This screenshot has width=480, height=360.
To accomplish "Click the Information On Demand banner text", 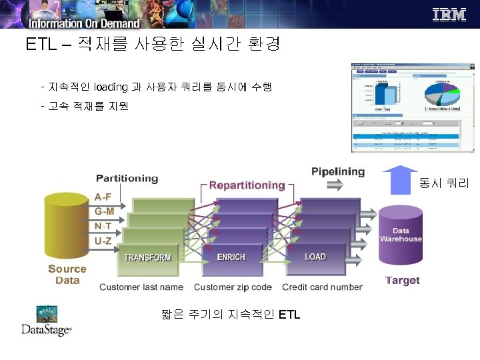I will tap(84, 24).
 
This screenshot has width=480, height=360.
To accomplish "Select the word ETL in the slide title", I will tap(40, 45).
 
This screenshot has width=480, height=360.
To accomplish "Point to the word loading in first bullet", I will tap(111, 87).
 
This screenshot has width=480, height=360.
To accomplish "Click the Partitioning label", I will tap(127, 178).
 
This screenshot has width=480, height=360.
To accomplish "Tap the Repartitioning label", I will tap(247, 185).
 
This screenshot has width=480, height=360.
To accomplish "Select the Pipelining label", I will tap(338, 171).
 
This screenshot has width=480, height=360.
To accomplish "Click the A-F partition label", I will tap(103, 197).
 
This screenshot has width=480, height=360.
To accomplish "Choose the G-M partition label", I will tap(103, 211).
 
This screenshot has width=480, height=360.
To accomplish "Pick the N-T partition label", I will tap(103, 226).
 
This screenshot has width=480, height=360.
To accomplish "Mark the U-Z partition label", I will tap(103, 241).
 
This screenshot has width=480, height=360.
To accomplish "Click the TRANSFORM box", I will tap(147, 258).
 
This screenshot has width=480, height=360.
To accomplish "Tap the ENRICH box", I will tap(231, 257).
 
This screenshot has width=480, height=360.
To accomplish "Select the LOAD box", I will tap(315, 257).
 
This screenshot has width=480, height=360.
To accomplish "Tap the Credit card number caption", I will tap(322, 287).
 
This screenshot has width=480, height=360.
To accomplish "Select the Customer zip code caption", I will tap(233, 287).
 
